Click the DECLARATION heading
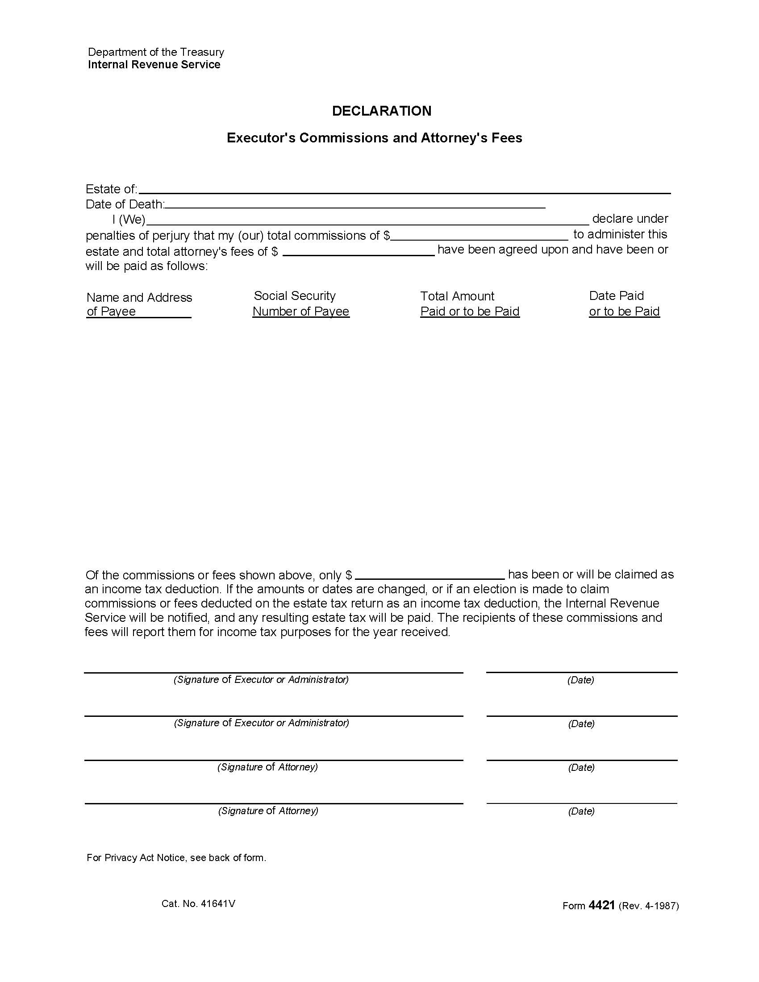coord(381,111)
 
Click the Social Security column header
coord(300,304)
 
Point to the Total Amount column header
coord(469,304)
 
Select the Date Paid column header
coord(624,304)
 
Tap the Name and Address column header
coord(139,304)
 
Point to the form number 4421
coord(601,905)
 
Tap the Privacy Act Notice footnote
coord(176,857)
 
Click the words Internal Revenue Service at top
coord(154,65)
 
